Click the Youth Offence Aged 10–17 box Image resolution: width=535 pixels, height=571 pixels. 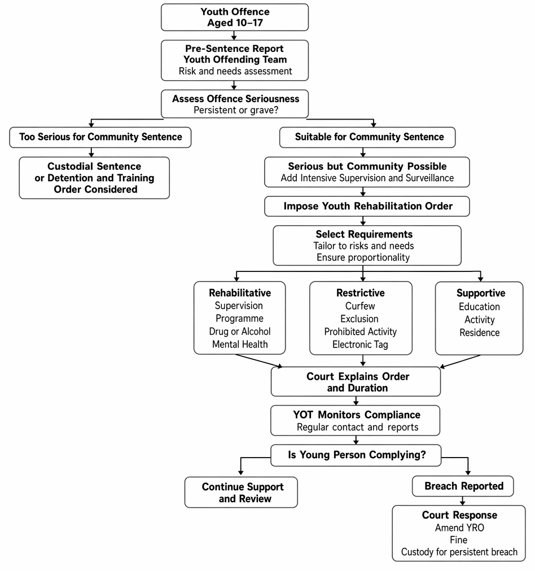coord(235,17)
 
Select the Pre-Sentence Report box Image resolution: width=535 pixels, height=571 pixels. coord(235,60)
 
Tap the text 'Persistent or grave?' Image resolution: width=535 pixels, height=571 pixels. coord(236,110)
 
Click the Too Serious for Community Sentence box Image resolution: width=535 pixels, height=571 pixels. coord(100,137)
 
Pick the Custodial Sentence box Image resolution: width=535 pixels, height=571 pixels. coord(94,178)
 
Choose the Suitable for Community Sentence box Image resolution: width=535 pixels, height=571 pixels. coord(367,137)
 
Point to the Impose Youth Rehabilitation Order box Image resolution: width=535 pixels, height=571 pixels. coord(367,206)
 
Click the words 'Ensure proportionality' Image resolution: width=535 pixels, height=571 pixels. coord(363,257)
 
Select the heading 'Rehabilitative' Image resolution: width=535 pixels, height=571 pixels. coord(240,293)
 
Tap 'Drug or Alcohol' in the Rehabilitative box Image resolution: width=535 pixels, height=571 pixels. coord(240,331)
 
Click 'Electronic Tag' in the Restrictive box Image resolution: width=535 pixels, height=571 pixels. coord(360,345)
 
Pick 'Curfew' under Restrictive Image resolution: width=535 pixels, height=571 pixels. coord(360,306)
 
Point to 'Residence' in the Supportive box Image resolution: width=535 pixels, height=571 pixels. coord(479,332)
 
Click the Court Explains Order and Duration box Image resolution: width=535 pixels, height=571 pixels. coord(356,381)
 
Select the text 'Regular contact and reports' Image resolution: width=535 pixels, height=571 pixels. coord(357,427)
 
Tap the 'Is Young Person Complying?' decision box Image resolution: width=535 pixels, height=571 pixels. coord(356,455)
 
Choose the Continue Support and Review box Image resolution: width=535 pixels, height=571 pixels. coord(241,493)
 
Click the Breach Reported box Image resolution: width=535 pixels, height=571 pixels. coord(463,486)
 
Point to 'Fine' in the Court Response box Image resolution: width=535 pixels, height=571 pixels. coord(458,539)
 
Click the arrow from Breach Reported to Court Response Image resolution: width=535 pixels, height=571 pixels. coord(463,500)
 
